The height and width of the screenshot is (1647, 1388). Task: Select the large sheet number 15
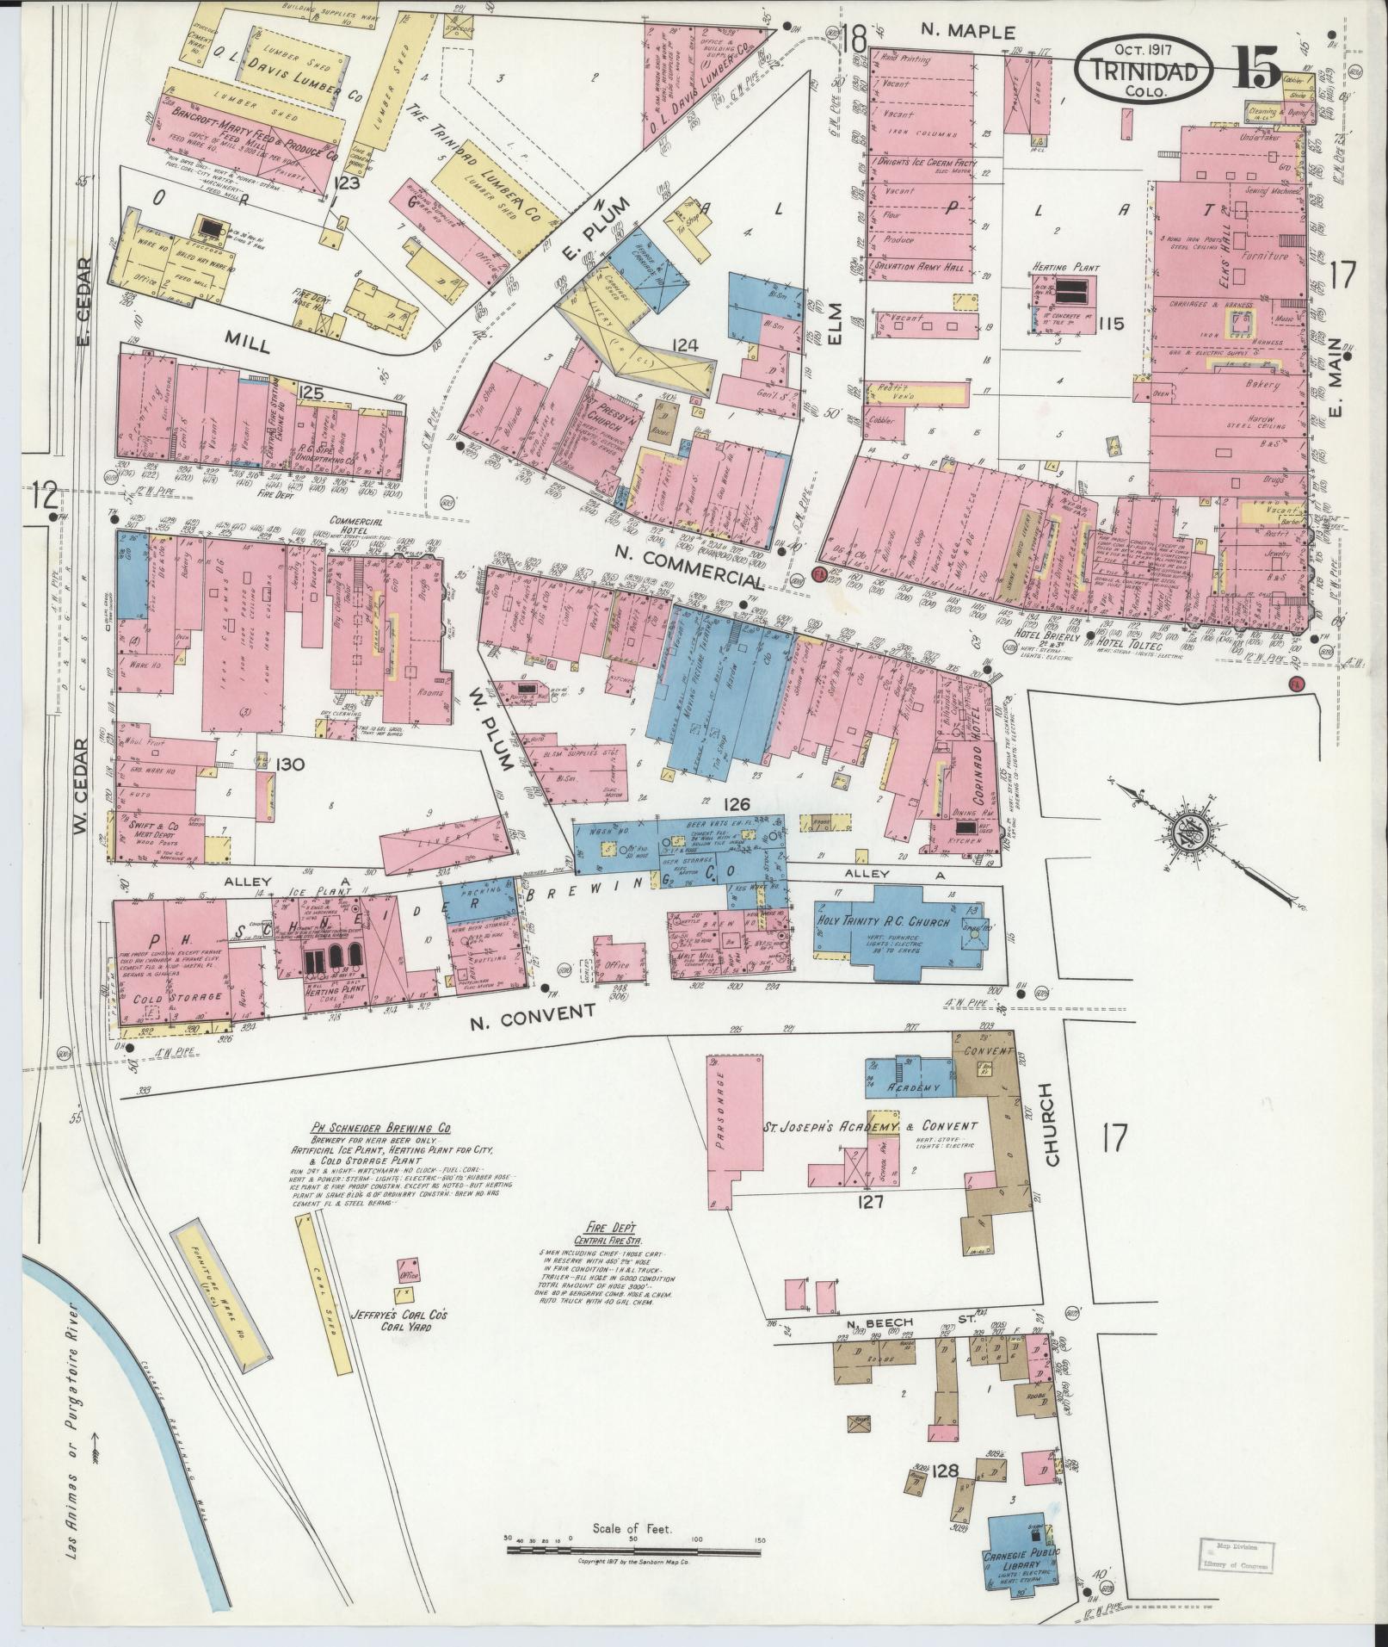[1258, 65]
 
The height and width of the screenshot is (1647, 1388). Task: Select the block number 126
[737, 804]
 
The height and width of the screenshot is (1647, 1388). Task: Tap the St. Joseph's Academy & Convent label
[870, 1126]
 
